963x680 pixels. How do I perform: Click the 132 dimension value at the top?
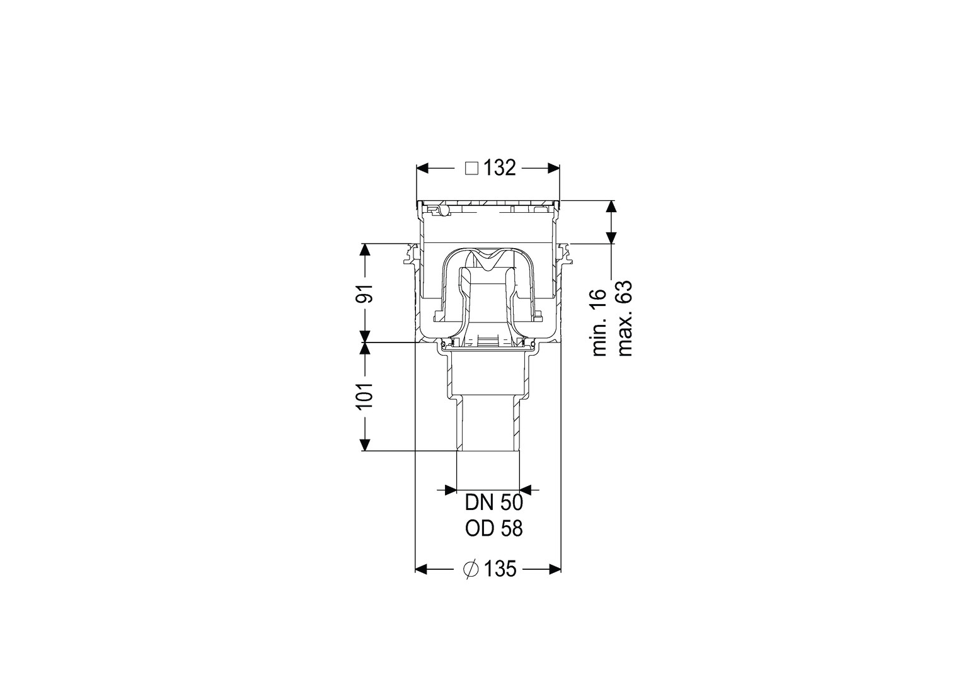tap(500, 168)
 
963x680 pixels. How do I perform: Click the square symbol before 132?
tap(472, 168)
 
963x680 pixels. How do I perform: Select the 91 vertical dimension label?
tap(366, 293)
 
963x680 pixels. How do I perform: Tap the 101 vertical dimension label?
tap(366, 395)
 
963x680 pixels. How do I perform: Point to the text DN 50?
tap(494, 503)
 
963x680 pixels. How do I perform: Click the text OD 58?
tap(494, 529)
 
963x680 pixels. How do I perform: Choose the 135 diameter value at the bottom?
tap(500, 570)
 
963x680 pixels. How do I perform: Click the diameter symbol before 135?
tap(471, 570)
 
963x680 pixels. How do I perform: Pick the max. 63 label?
tap(624, 319)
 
